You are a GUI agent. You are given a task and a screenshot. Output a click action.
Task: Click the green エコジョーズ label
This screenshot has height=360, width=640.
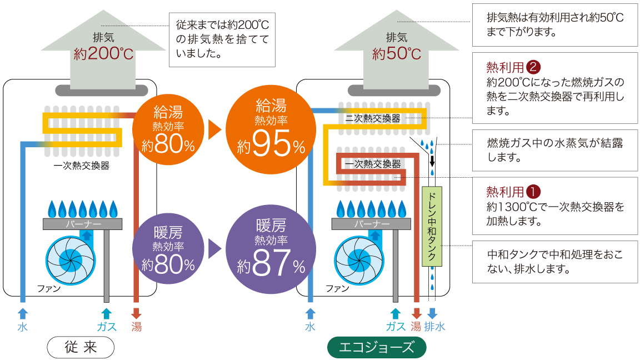pos(377,347)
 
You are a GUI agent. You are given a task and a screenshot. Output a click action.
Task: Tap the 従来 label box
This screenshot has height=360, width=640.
pos(81,347)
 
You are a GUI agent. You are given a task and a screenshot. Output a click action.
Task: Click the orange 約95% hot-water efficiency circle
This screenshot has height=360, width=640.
pos(271,130)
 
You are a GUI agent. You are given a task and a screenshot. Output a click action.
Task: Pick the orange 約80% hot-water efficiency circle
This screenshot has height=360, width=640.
pos(168,130)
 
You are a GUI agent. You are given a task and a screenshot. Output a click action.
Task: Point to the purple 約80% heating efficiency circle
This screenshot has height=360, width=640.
pos(168,248)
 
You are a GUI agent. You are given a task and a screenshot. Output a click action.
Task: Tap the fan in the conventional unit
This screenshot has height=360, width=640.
pos(70,260)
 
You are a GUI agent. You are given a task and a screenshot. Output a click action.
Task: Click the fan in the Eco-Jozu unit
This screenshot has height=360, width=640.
pos(359,260)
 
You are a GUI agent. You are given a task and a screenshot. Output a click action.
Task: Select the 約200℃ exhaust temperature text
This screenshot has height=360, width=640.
pos(104,54)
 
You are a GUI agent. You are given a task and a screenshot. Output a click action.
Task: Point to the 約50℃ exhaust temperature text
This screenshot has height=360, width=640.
pos(396,54)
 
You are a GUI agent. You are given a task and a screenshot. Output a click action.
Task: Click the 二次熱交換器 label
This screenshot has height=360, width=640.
pos(373,118)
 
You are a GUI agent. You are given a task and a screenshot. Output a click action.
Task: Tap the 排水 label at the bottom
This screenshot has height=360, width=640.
pos(434,327)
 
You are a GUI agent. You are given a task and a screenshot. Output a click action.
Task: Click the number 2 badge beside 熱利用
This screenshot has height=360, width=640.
pos(533,67)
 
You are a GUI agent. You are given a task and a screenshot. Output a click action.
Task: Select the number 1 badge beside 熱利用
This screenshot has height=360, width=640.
pos(533,192)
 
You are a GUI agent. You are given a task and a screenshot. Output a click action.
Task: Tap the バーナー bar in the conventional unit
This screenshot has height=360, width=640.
pos(82,224)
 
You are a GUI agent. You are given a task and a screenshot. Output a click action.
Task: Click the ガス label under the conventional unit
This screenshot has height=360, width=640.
pos(107,327)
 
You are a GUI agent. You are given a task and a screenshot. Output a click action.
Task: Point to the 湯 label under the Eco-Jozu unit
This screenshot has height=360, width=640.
pos(416,327)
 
